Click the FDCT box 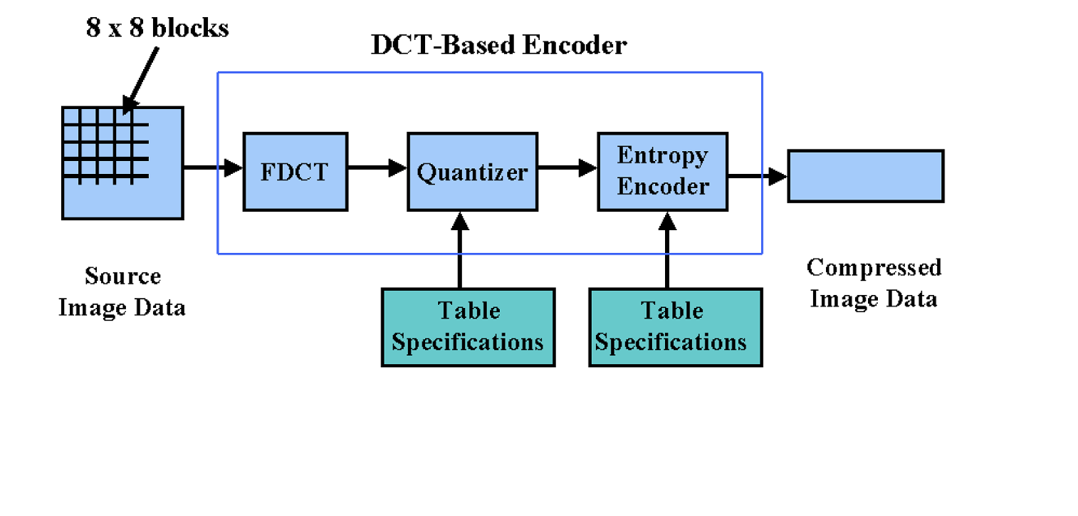(295, 172)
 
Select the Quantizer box (471, 172)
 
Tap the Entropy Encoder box (662, 172)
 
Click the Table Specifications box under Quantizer (468, 327)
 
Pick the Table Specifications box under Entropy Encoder (675, 327)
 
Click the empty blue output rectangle (865, 176)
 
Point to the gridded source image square (122, 162)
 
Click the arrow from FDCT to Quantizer (377, 169)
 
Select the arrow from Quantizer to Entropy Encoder (566, 169)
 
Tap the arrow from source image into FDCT (212, 169)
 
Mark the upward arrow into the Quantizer (460, 249)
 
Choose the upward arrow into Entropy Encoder (667, 249)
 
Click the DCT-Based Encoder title (498, 46)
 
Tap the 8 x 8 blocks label (157, 28)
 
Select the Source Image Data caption (122, 291)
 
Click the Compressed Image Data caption (874, 282)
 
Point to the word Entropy (662, 155)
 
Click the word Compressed (874, 268)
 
